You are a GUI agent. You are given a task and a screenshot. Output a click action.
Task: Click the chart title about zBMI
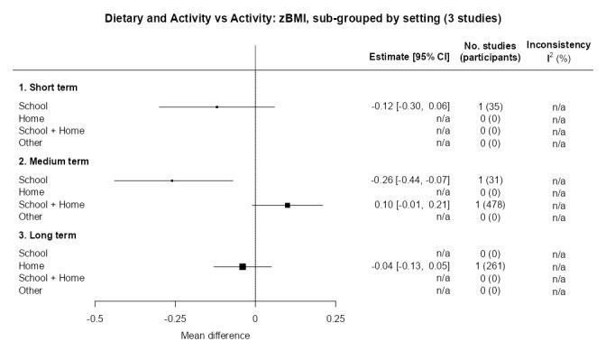pos(303,17)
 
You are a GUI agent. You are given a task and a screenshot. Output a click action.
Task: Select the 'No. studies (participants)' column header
pos(490,51)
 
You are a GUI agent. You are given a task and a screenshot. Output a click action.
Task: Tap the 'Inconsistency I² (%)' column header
pos(558,51)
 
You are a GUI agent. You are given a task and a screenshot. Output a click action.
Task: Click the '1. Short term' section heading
pos(49,88)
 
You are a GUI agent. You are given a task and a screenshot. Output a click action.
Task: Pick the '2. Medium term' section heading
pos(54,162)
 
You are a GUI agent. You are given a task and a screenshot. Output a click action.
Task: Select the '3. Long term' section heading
pos(49,235)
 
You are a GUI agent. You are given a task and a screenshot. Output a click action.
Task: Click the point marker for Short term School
pos(217,106)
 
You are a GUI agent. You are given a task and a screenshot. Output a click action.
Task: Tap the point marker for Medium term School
pos(172,180)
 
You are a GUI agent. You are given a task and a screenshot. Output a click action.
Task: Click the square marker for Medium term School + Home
pos(288,205)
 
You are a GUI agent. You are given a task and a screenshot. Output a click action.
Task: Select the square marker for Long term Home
pos(243,266)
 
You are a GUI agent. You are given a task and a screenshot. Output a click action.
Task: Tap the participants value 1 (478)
pos(490,205)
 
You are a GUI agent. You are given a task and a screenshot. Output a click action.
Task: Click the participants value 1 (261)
pos(490,266)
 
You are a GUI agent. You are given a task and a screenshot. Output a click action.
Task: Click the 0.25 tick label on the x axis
pos(335,318)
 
